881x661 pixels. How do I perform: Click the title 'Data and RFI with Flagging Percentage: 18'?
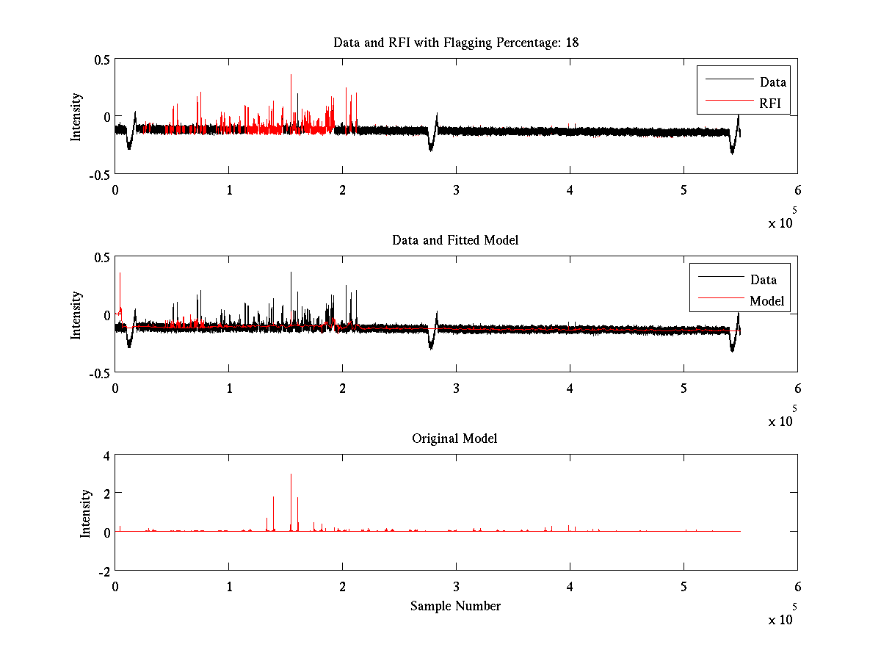point(456,43)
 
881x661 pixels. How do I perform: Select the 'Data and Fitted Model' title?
point(456,240)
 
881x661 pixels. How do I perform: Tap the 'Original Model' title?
point(454,438)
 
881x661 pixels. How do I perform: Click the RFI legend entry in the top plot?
point(769,103)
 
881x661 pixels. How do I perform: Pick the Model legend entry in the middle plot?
point(766,300)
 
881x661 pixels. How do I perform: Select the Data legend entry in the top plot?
point(772,82)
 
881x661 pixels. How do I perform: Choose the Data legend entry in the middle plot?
point(763,279)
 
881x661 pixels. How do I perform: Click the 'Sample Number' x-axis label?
point(455,606)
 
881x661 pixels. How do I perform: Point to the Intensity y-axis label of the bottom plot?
point(86,513)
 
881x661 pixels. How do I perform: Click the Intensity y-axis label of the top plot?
point(76,117)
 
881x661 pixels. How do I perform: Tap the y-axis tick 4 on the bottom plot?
point(106,455)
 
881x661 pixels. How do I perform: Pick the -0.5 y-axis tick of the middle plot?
point(100,373)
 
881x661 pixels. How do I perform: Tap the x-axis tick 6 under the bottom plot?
point(797,587)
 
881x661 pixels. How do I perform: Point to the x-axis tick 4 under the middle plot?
point(570,389)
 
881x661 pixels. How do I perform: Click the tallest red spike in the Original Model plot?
point(291,476)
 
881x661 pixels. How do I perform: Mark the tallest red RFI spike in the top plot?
point(291,76)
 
